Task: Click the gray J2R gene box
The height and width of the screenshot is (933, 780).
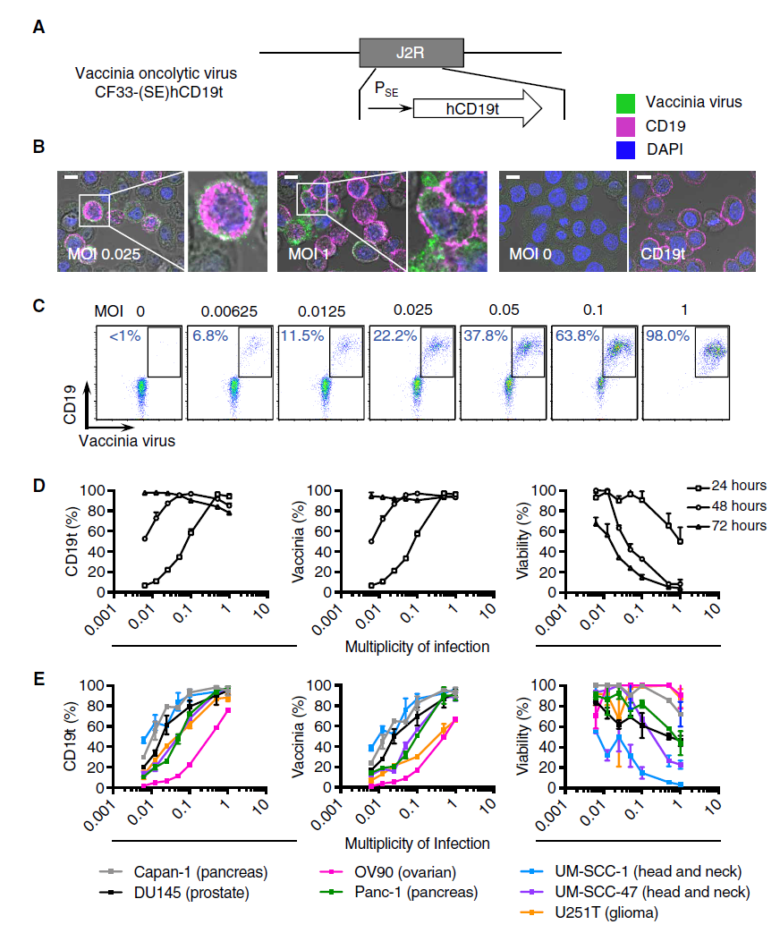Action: coord(411,53)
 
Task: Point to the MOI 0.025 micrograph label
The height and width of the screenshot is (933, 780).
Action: coord(106,254)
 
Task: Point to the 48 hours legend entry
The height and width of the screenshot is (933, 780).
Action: coord(732,505)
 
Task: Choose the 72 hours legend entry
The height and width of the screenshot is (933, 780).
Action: coord(732,525)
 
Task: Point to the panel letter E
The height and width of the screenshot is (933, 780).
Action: coord(38,679)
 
